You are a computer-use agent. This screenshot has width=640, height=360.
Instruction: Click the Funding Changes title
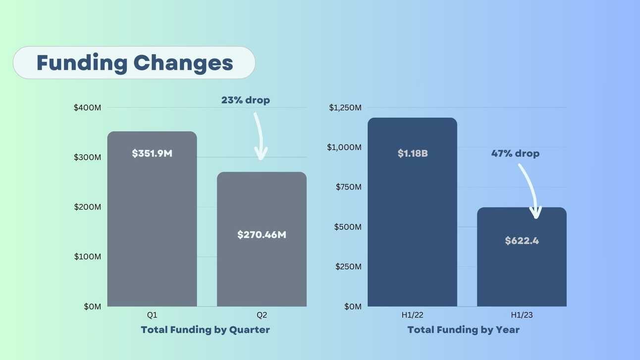click(x=134, y=63)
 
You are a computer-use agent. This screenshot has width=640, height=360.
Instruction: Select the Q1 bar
click(x=152, y=223)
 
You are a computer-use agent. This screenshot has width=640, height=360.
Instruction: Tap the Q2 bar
click(x=262, y=267)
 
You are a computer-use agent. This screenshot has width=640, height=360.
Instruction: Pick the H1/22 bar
click(x=412, y=223)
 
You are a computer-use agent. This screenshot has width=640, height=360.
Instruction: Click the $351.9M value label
click(x=152, y=154)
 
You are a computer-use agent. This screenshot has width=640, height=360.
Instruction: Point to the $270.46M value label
click(x=262, y=235)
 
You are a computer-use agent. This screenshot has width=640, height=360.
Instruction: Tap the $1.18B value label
click(x=413, y=154)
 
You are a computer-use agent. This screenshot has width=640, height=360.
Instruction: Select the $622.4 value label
click(x=522, y=241)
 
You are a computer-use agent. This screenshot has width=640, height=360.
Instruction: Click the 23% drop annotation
click(x=246, y=100)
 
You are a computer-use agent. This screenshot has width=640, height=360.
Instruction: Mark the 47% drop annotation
click(x=515, y=154)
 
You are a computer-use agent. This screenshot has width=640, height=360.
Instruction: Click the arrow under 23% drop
click(x=259, y=136)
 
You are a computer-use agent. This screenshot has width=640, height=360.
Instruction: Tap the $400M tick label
click(x=88, y=107)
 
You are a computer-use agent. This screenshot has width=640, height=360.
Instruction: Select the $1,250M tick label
click(x=345, y=107)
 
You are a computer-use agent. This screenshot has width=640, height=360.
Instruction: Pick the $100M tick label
click(x=88, y=257)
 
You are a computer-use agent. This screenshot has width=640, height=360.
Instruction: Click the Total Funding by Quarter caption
click(x=205, y=330)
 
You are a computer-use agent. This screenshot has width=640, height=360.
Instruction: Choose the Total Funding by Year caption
click(x=463, y=330)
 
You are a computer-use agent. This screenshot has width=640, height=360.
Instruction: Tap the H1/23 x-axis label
click(x=522, y=315)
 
